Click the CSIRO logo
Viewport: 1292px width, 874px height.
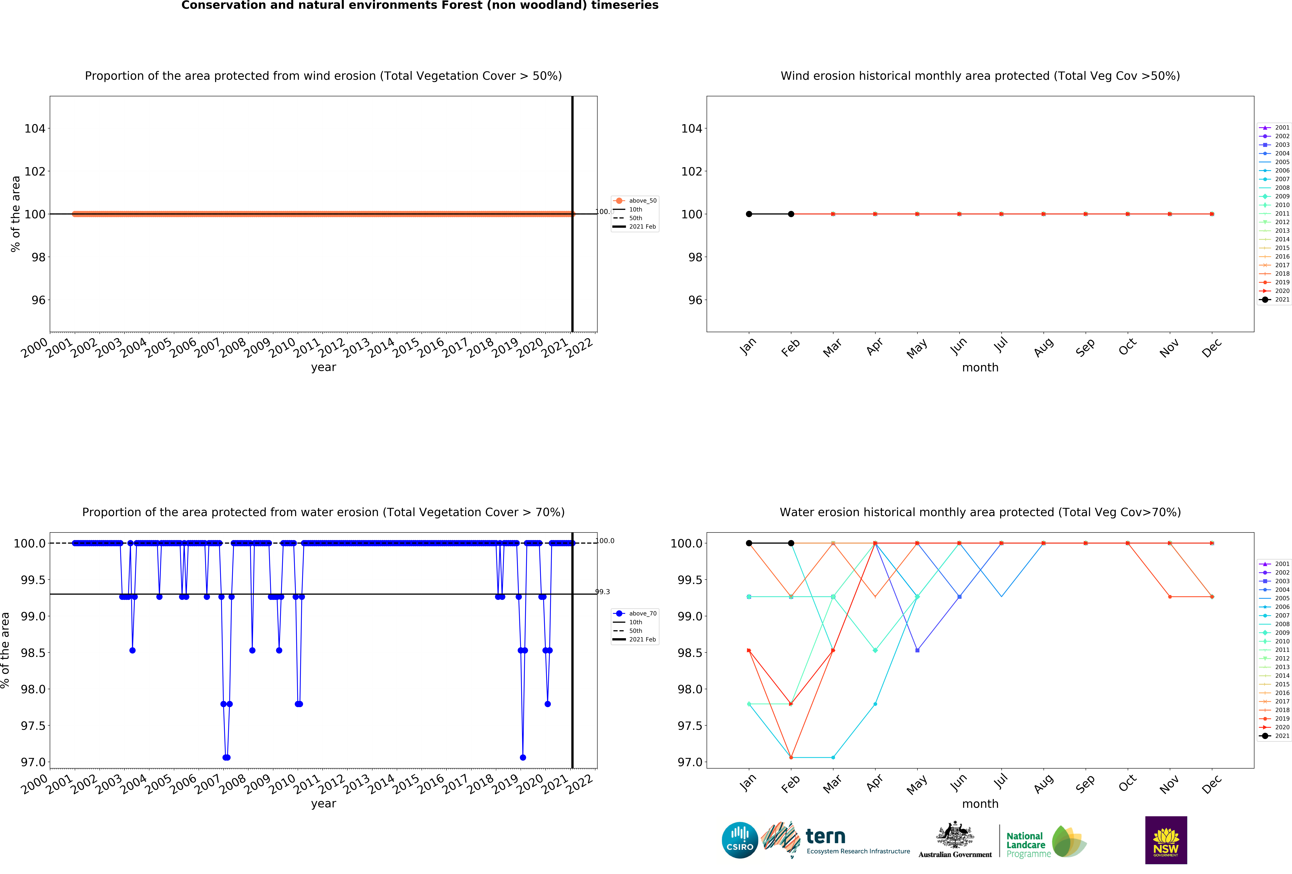coord(739,840)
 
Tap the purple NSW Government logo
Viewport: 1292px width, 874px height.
coord(1166,840)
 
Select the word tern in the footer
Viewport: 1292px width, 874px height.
coord(826,836)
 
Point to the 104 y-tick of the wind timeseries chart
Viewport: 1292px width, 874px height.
coord(34,128)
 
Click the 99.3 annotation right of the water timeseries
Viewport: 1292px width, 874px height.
coord(603,591)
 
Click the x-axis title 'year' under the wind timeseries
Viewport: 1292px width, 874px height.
coord(324,367)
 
